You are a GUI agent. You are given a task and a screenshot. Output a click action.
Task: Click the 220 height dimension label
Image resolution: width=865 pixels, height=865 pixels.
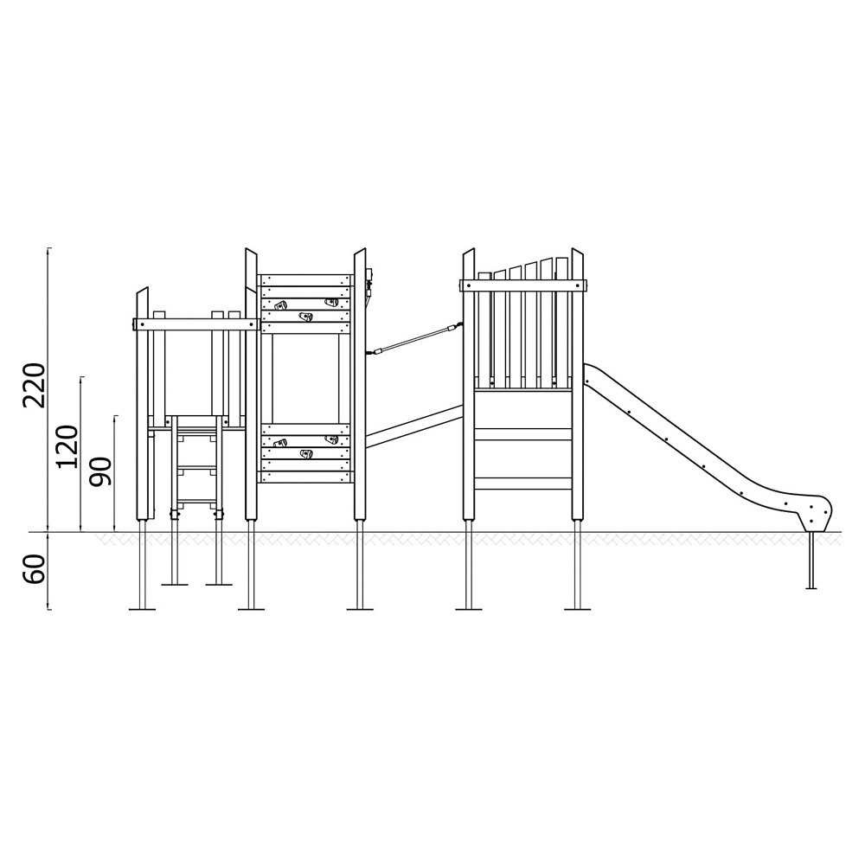34,385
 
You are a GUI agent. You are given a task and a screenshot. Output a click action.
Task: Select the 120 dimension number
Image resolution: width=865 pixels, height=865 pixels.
68,446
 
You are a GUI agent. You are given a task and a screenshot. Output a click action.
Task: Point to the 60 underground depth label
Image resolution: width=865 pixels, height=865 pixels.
34,569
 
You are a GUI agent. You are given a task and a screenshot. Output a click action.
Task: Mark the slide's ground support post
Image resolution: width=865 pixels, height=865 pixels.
811,561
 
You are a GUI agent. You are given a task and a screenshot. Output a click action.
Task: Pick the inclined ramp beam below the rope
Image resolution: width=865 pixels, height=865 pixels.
413,426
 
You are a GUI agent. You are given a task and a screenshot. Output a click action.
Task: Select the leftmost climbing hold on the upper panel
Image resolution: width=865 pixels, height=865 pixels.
281,305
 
